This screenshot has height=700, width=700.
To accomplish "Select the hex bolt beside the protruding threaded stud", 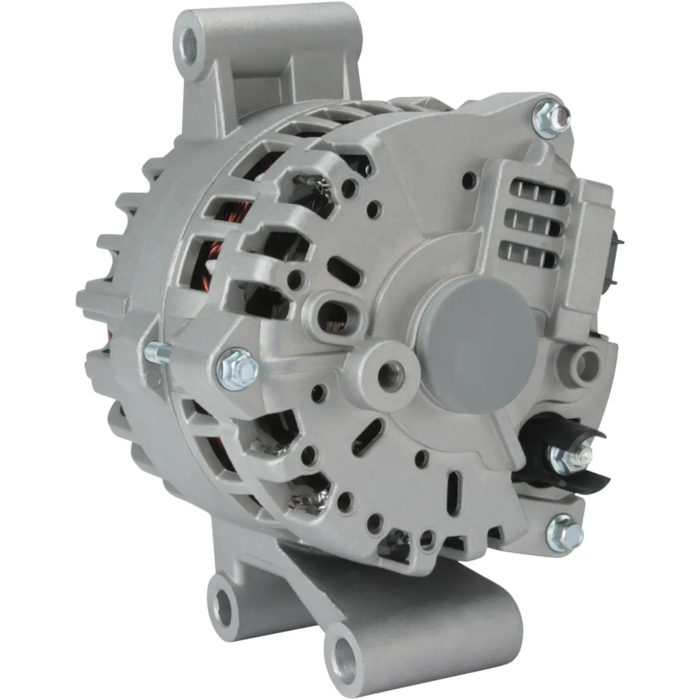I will tap(237, 368).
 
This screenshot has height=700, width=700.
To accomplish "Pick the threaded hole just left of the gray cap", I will tap(391, 376).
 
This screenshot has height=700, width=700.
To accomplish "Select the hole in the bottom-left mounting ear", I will tap(223, 605).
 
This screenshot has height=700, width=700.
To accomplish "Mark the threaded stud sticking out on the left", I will tap(159, 353).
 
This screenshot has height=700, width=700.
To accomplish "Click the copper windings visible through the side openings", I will tap(226, 256).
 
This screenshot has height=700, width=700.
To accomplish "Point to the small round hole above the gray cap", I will tap(469, 180).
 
